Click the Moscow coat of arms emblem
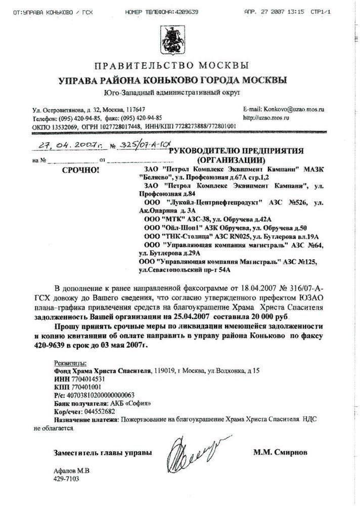point(179,40)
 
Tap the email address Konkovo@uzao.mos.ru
point(290,109)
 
